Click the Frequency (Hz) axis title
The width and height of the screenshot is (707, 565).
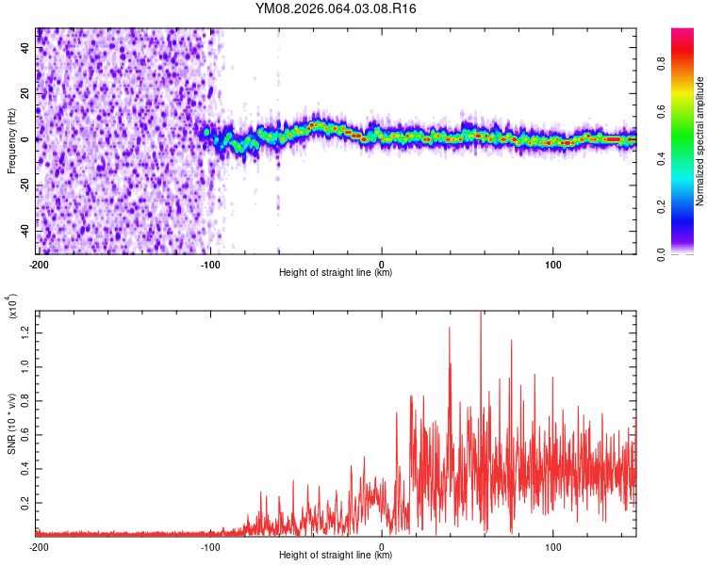click(11, 140)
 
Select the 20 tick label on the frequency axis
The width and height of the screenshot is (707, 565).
click(25, 94)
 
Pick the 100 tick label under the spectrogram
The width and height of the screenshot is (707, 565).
click(553, 263)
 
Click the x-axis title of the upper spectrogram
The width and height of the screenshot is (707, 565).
click(337, 273)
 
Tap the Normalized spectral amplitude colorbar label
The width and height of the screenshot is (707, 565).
click(699, 142)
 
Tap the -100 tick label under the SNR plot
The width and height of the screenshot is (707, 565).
click(209, 545)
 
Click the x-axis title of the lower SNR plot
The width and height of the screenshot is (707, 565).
click(337, 556)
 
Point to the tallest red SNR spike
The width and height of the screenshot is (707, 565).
click(481, 314)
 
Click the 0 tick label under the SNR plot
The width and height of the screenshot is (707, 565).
click(382, 545)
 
